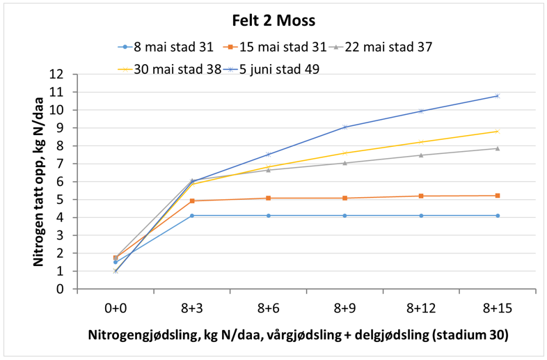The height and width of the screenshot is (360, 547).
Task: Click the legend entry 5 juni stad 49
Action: (275, 69)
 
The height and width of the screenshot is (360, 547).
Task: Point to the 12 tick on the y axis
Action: (65, 74)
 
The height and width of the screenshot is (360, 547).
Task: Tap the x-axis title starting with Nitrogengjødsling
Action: (298, 335)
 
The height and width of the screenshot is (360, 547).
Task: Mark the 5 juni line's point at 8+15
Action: (498, 95)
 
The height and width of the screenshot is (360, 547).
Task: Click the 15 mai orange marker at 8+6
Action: (269, 198)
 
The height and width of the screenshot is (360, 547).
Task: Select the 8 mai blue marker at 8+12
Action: (421, 215)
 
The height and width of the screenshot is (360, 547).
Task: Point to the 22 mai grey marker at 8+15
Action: (498, 148)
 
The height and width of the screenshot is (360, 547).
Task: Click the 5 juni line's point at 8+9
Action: (344, 127)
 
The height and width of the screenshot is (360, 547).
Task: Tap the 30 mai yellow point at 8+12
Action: (421, 142)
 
